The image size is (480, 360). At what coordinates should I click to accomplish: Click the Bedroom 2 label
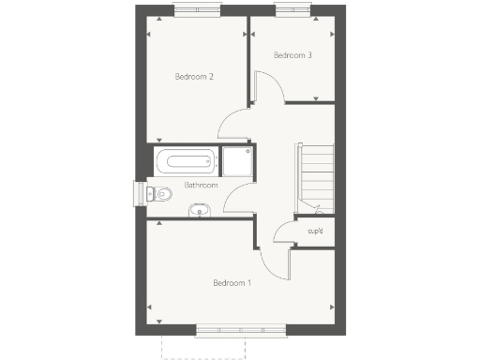click(x=195, y=76)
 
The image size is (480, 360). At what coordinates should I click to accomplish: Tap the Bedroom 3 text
click(x=292, y=55)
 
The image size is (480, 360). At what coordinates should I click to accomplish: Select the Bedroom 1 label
click(x=232, y=282)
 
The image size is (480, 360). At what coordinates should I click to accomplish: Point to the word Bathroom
click(x=201, y=185)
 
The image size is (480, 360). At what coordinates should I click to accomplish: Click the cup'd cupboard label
click(x=315, y=231)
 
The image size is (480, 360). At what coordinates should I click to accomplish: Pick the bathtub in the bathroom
click(x=187, y=160)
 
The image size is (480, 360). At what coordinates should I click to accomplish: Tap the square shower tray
click(x=237, y=161)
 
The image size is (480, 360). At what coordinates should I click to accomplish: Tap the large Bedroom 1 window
click(x=241, y=330)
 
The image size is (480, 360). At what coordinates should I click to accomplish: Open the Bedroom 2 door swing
click(x=235, y=124)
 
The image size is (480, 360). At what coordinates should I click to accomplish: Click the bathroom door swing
click(x=237, y=200)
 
